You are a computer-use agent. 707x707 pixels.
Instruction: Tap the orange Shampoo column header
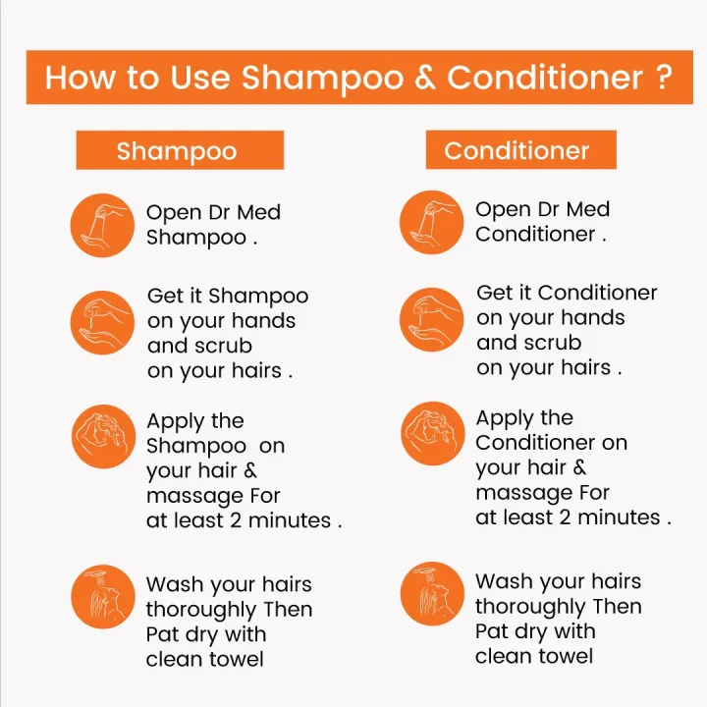pyautogui.click(x=179, y=151)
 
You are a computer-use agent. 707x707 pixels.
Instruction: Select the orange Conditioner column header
pyautogui.click(x=519, y=150)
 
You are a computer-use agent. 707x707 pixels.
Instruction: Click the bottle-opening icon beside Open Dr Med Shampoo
pyautogui.click(x=102, y=225)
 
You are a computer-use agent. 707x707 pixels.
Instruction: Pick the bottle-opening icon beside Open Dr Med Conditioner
pyautogui.click(x=431, y=222)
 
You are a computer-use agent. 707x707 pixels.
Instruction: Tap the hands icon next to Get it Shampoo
pyautogui.click(x=102, y=322)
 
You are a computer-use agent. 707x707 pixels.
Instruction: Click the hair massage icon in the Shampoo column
pyautogui.click(x=102, y=434)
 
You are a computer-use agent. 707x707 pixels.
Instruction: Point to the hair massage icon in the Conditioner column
pyautogui.click(x=431, y=431)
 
